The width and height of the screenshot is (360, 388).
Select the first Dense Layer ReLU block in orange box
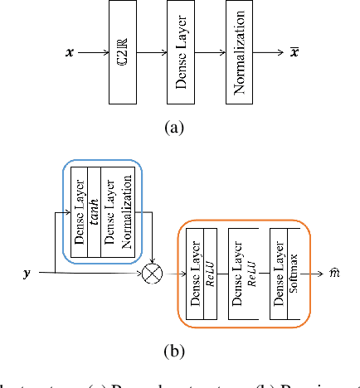tap(202, 271)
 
